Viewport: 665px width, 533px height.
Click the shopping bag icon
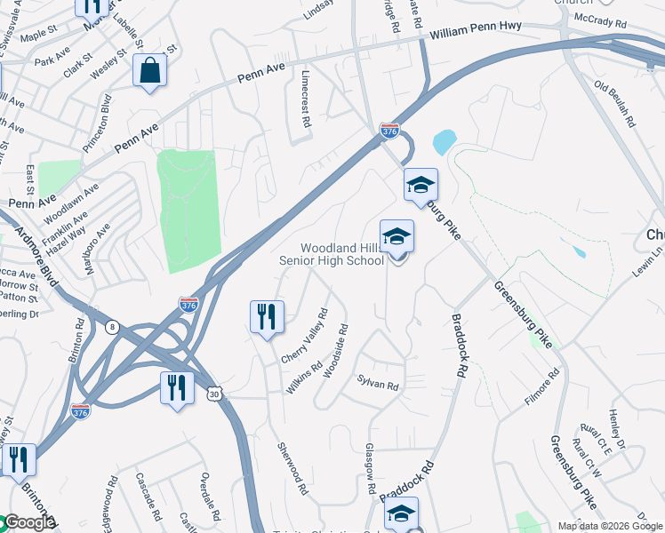pos(150,70)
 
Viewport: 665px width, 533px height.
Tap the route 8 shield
pos(112,326)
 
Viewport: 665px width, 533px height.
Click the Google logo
pos(27,523)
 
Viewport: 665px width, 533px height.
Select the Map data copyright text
pos(609,526)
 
